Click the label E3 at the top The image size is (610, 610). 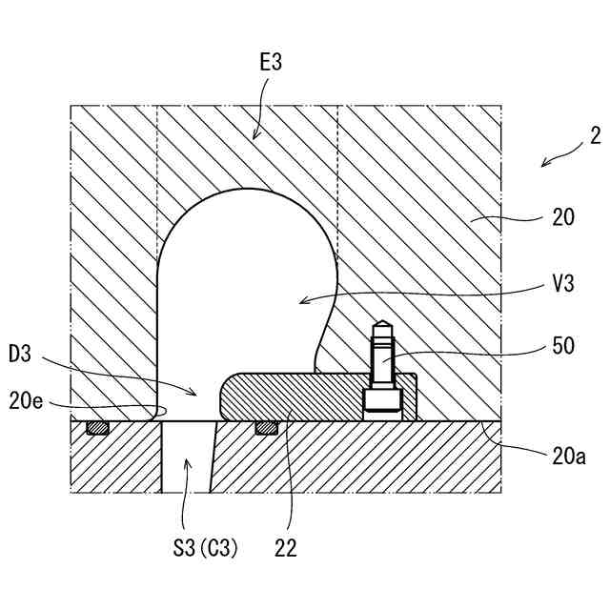[x=270, y=64]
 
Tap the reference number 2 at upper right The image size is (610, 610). [x=595, y=135]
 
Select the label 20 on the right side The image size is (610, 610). [x=563, y=218]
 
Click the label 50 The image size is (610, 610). [x=563, y=346]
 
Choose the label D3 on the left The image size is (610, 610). [x=21, y=356]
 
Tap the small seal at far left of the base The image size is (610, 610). [x=96, y=428]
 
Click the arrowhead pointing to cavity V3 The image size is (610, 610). [x=301, y=302]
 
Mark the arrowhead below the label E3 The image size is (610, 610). [x=254, y=138]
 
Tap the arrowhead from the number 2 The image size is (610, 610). [x=543, y=165]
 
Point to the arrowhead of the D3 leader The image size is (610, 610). [x=197, y=392]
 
